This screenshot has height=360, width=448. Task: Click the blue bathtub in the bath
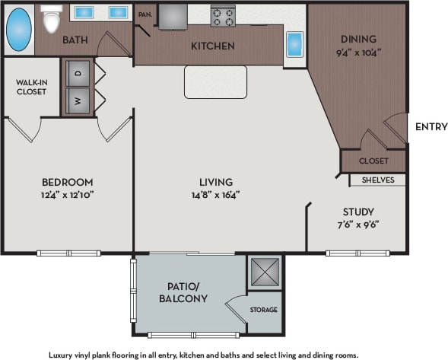click(x=19, y=30)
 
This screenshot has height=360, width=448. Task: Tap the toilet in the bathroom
click(x=52, y=20)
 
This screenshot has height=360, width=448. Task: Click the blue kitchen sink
click(x=294, y=43)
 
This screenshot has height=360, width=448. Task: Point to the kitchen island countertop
click(x=215, y=81)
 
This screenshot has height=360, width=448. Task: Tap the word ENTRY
click(x=431, y=127)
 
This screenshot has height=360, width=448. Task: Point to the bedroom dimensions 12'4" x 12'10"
click(x=68, y=194)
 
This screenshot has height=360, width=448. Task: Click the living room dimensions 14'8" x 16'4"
click(x=216, y=194)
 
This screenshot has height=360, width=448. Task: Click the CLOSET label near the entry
click(x=373, y=161)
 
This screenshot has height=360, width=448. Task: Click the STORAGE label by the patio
click(x=264, y=310)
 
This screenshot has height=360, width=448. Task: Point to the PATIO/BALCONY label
click(x=183, y=292)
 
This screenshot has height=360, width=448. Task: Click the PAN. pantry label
click(x=144, y=14)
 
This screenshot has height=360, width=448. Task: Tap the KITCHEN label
click(x=212, y=46)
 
